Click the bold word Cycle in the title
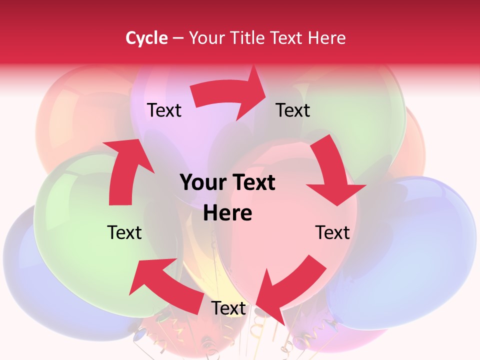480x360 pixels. pyautogui.click(x=146, y=38)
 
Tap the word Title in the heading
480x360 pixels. pyautogui.click(x=247, y=38)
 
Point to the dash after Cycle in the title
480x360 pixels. pyautogui.click(x=178, y=38)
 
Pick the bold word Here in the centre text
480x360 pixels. pyautogui.click(x=227, y=213)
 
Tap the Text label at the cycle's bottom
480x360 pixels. pyautogui.click(x=228, y=308)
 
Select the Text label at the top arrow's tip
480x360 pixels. pyautogui.click(x=293, y=110)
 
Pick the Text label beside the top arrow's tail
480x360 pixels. pyautogui.click(x=164, y=110)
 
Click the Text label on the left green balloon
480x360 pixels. pyautogui.click(x=124, y=232)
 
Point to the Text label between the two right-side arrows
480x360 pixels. pyautogui.click(x=332, y=232)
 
